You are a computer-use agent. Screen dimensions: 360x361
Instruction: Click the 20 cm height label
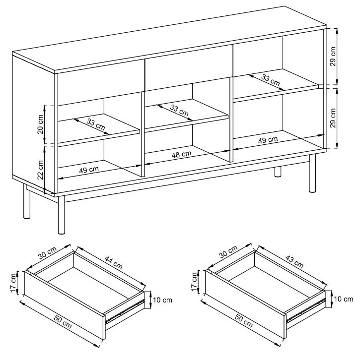point(40,124)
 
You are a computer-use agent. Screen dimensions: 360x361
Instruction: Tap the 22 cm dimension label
point(40,170)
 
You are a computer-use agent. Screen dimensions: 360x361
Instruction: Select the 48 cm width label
point(181,155)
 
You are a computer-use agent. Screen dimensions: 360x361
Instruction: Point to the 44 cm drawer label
point(113,263)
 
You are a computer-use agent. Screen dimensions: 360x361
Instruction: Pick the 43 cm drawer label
point(294,262)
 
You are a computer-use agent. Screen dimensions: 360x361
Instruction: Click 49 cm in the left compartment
point(89,170)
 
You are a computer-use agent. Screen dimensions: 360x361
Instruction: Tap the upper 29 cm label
point(333,57)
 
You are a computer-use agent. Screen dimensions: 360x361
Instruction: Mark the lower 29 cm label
point(333,118)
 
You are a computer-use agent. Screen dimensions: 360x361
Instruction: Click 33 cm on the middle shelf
point(179,110)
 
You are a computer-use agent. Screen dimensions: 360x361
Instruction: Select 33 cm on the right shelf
point(270,80)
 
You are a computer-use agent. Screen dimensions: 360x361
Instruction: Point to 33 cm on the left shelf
point(96,124)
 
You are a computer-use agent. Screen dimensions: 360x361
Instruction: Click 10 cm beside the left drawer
point(162,300)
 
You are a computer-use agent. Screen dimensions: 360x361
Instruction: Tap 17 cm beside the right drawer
point(195,282)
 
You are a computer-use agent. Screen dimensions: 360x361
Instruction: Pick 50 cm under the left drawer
point(63,322)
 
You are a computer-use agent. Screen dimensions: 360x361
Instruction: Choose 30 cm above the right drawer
point(228,252)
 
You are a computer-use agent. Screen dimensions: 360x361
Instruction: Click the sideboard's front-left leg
point(61,215)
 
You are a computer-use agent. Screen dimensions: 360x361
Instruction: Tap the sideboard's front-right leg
point(312,174)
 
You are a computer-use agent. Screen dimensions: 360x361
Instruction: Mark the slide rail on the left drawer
point(125,311)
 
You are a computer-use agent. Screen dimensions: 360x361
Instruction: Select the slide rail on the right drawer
point(305,310)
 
